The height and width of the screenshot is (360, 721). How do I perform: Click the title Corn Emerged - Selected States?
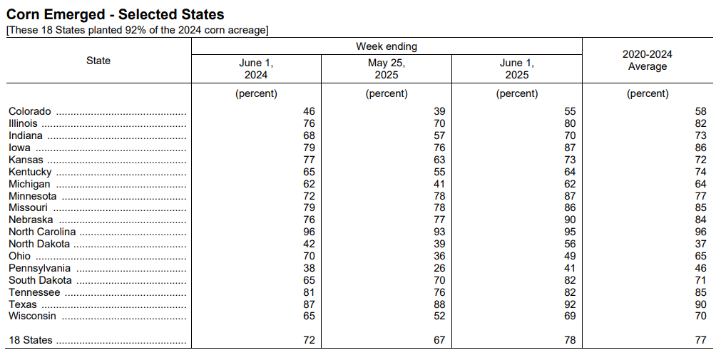pos(115,14)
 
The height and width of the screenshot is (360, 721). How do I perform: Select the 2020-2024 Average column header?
pos(647,60)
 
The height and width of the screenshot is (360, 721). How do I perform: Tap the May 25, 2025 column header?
pos(387,69)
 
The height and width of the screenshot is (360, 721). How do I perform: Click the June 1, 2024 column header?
pos(256,69)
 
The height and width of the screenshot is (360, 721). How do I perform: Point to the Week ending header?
pos(387,46)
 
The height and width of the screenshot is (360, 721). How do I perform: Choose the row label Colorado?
pos(30,111)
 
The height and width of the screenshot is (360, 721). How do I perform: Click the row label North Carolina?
pos(42,232)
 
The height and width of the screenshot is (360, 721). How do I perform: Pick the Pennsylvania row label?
pos(39,268)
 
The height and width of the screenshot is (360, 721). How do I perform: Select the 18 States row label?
pos(31,340)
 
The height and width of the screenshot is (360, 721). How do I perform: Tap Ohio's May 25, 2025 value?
pos(439,256)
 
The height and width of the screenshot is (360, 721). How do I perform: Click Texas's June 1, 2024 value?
pos(309,304)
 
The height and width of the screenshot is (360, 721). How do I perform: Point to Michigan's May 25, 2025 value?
pos(439,184)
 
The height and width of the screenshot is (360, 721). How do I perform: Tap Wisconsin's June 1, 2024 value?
pos(309,317)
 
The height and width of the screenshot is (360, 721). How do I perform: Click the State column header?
pos(98,61)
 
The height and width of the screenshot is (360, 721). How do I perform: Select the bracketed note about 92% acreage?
pos(138,31)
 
